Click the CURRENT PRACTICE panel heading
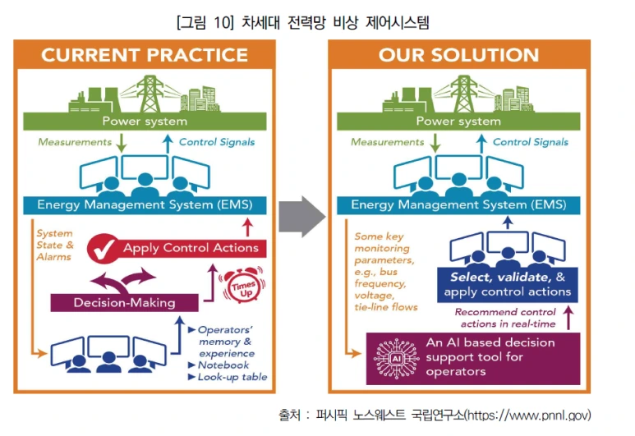(x=145, y=55)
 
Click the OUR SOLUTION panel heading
(x=458, y=55)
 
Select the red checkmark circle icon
(x=104, y=246)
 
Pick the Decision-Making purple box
(x=124, y=302)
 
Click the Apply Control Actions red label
(x=191, y=247)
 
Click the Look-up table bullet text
(x=232, y=377)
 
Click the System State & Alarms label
(x=54, y=245)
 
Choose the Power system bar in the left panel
(x=145, y=122)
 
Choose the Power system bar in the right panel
(x=458, y=122)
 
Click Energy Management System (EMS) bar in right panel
(x=458, y=204)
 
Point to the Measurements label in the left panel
(x=75, y=142)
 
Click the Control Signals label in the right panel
(x=531, y=142)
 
